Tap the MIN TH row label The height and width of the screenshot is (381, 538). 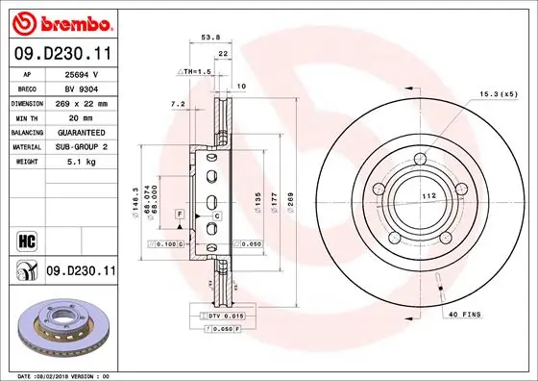point(27,116)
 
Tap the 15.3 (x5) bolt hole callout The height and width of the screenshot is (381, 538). point(498,94)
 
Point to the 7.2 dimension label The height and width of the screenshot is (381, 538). point(177,103)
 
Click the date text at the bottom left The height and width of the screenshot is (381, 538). point(60,375)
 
